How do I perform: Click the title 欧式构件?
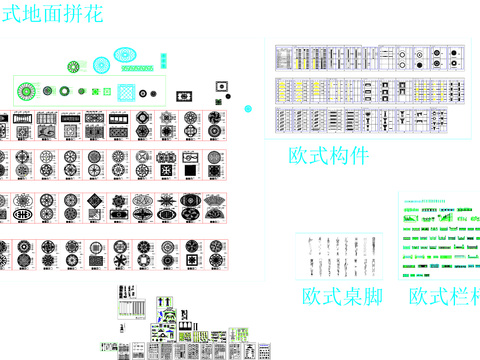(x=328, y=156)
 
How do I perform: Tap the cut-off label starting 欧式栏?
(x=443, y=297)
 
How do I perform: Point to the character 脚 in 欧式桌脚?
(x=373, y=297)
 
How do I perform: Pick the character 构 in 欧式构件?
(x=328, y=156)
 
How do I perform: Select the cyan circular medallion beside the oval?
(x=102, y=66)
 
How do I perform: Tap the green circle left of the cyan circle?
(x=73, y=67)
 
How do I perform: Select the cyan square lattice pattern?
(x=127, y=93)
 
